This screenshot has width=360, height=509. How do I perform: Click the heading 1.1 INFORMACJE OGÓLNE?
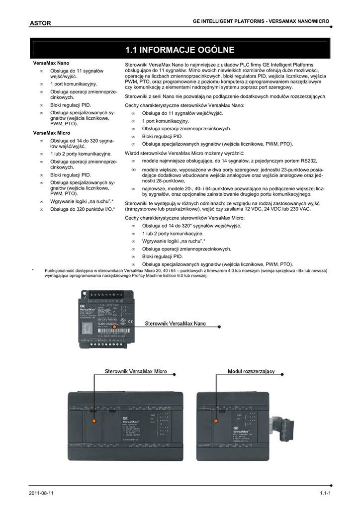[x=180, y=50]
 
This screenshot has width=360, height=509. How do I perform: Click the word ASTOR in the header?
[x=40, y=23]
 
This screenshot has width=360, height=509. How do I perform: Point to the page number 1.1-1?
[x=326, y=493]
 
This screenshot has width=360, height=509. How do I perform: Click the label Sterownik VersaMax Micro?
[x=135, y=371]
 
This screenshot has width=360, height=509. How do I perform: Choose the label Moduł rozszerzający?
[x=252, y=371]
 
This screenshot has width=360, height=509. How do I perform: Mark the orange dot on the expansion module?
[x=215, y=422]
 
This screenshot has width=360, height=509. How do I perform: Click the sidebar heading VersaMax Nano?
[x=51, y=64]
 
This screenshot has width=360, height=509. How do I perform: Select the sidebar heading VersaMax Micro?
[x=52, y=133]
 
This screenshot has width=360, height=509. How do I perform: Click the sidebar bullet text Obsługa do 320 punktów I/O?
[x=82, y=209]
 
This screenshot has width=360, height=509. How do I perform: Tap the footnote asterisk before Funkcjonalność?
[x=33, y=270]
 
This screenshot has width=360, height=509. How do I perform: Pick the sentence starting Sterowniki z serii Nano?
[x=225, y=96]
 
